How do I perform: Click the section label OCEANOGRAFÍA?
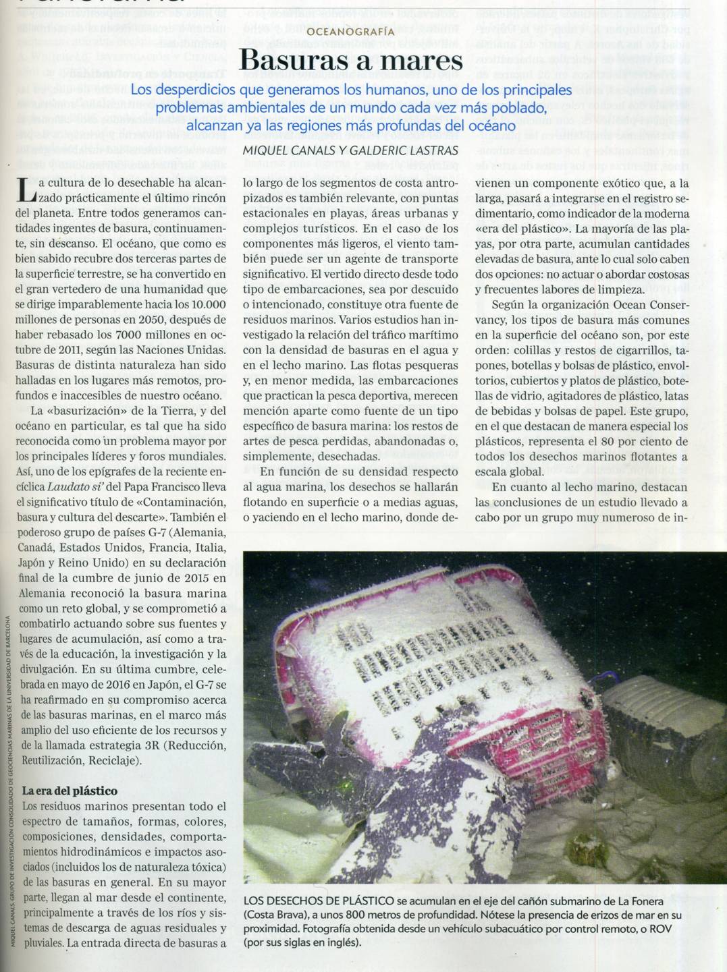[x=350, y=32]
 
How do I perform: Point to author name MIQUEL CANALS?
[x=290, y=150]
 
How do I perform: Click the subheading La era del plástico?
[x=70, y=791]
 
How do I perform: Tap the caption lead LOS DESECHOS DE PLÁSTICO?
[x=319, y=900]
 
